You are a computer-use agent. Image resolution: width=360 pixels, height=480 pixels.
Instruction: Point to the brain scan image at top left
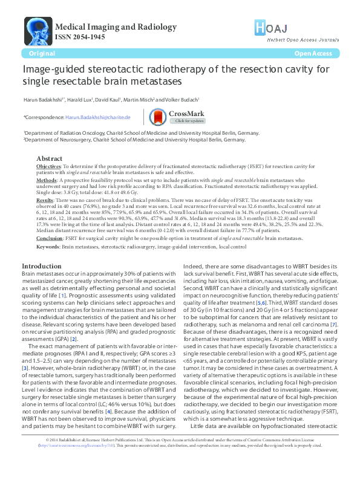(x=38, y=30)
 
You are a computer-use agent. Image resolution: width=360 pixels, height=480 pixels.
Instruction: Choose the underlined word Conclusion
(x=50, y=238)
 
